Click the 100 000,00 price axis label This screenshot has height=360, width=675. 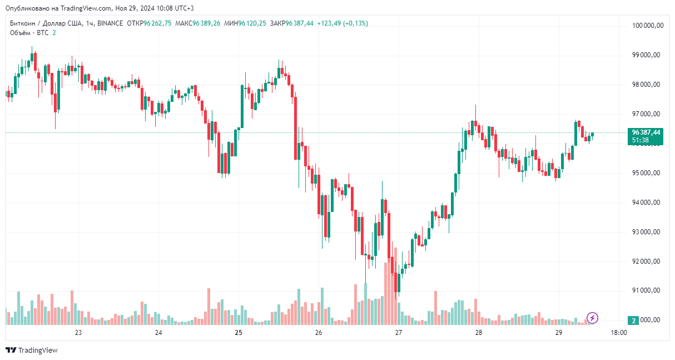click(646, 26)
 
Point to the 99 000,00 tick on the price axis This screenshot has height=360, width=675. click(646, 55)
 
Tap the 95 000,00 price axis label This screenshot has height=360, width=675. click(646, 173)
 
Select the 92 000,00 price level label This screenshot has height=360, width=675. click(646, 262)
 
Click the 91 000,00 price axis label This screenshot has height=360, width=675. click(646, 290)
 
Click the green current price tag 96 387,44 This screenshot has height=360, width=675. click(646, 132)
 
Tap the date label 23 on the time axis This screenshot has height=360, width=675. click(78, 333)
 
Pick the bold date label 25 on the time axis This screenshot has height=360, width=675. click(239, 333)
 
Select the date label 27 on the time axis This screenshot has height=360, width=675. click(399, 333)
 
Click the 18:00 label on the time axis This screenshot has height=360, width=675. click(619, 333)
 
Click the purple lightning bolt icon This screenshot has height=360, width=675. click(593, 318)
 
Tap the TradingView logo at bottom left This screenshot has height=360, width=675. click(32, 350)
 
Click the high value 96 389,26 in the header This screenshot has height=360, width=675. click(206, 23)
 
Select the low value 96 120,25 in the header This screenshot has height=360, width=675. click(252, 23)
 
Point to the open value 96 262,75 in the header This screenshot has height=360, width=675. click(157, 23)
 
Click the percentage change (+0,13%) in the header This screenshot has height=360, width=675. click(355, 23)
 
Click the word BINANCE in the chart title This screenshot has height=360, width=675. click(110, 23)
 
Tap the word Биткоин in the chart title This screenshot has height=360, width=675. click(23, 23)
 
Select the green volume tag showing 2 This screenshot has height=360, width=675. click(634, 320)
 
